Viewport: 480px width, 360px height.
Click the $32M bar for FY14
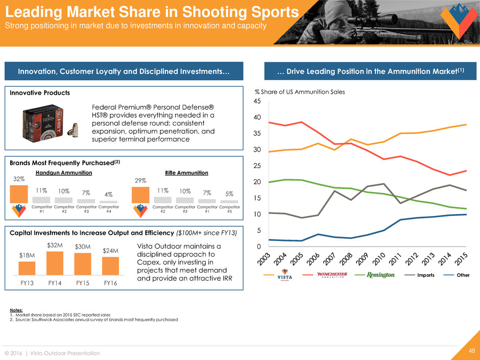click(x=55, y=263)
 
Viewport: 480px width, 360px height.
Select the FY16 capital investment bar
click(x=110, y=266)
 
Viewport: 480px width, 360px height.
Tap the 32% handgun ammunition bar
click(x=19, y=194)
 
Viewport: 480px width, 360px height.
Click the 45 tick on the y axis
click(x=258, y=102)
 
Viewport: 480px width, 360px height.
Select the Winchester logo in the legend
click(x=332, y=275)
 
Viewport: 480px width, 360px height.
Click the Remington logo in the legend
click(x=381, y=275)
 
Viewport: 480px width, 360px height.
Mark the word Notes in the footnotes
click(x=17, y=309)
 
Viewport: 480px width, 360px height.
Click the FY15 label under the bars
click(x=83, y=282)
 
